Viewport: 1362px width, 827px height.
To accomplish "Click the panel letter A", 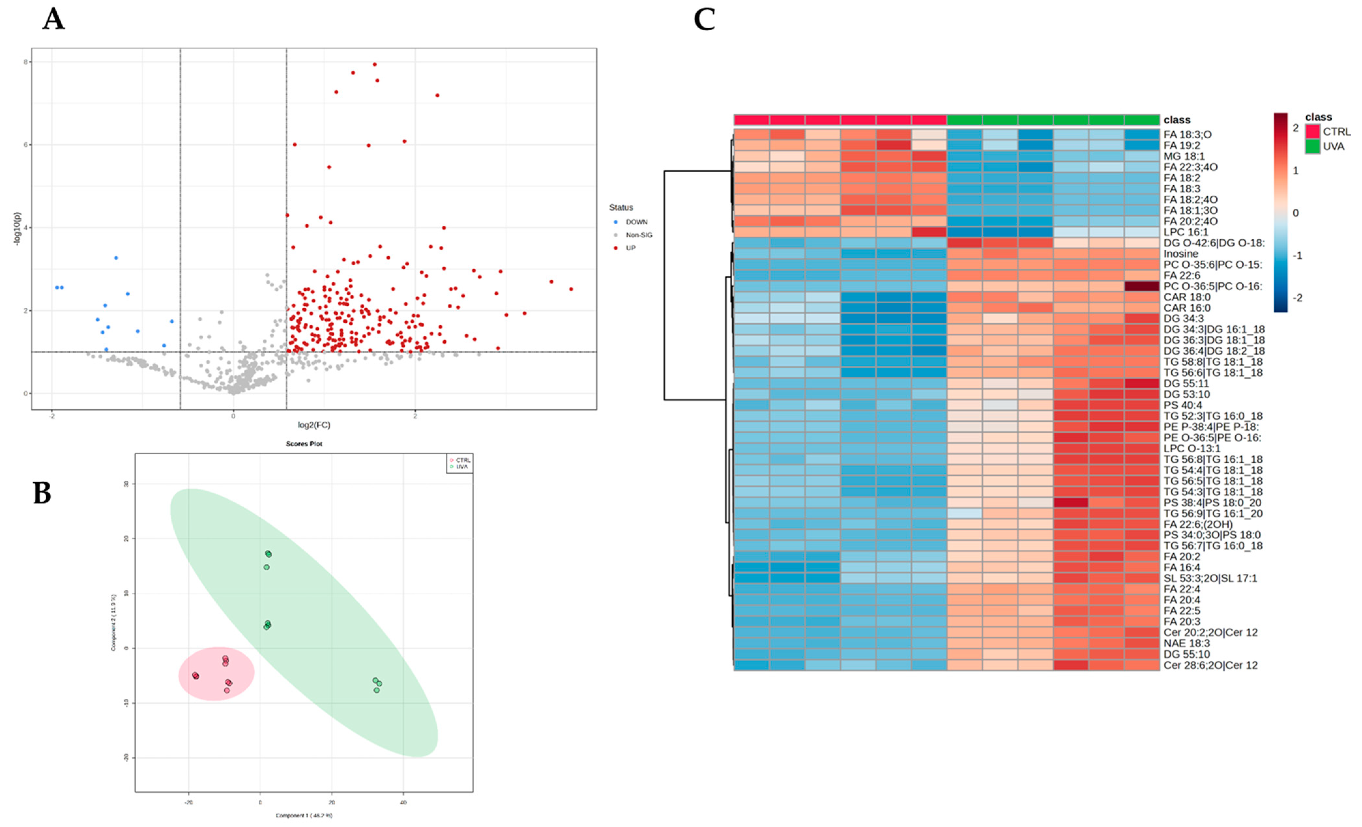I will (x=54, y=19).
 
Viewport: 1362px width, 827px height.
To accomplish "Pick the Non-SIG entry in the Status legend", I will (x=638, y=235).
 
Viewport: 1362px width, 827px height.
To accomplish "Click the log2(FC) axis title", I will (x=314, y=425).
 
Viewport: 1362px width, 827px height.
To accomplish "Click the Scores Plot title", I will (x=304, y=443).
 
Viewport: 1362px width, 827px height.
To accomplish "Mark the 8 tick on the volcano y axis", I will (x=25, y=62).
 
